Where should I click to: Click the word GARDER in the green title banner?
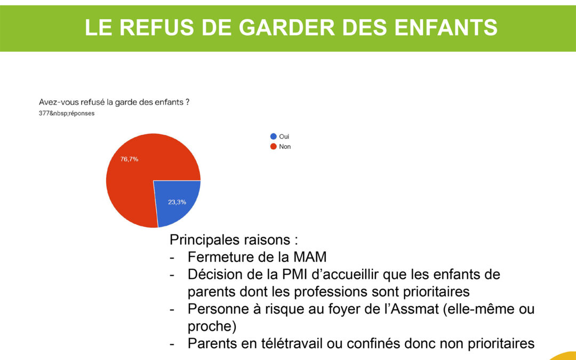coord(286,27)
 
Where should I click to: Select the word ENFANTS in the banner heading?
coord(446,27)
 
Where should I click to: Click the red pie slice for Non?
coord(136,173)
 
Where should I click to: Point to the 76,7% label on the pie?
coord(129,159)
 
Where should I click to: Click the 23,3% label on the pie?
coord(177,202)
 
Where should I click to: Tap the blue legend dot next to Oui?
coord(273,137)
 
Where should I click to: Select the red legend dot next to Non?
coord(273,147)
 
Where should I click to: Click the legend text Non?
coord(285,147)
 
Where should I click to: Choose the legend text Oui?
coord(284,137)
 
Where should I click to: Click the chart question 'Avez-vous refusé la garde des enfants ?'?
coord(114,102)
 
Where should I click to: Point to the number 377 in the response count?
coord(44,113)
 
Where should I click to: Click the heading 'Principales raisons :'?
coord(234,239)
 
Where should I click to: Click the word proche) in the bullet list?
coord(212,326)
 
